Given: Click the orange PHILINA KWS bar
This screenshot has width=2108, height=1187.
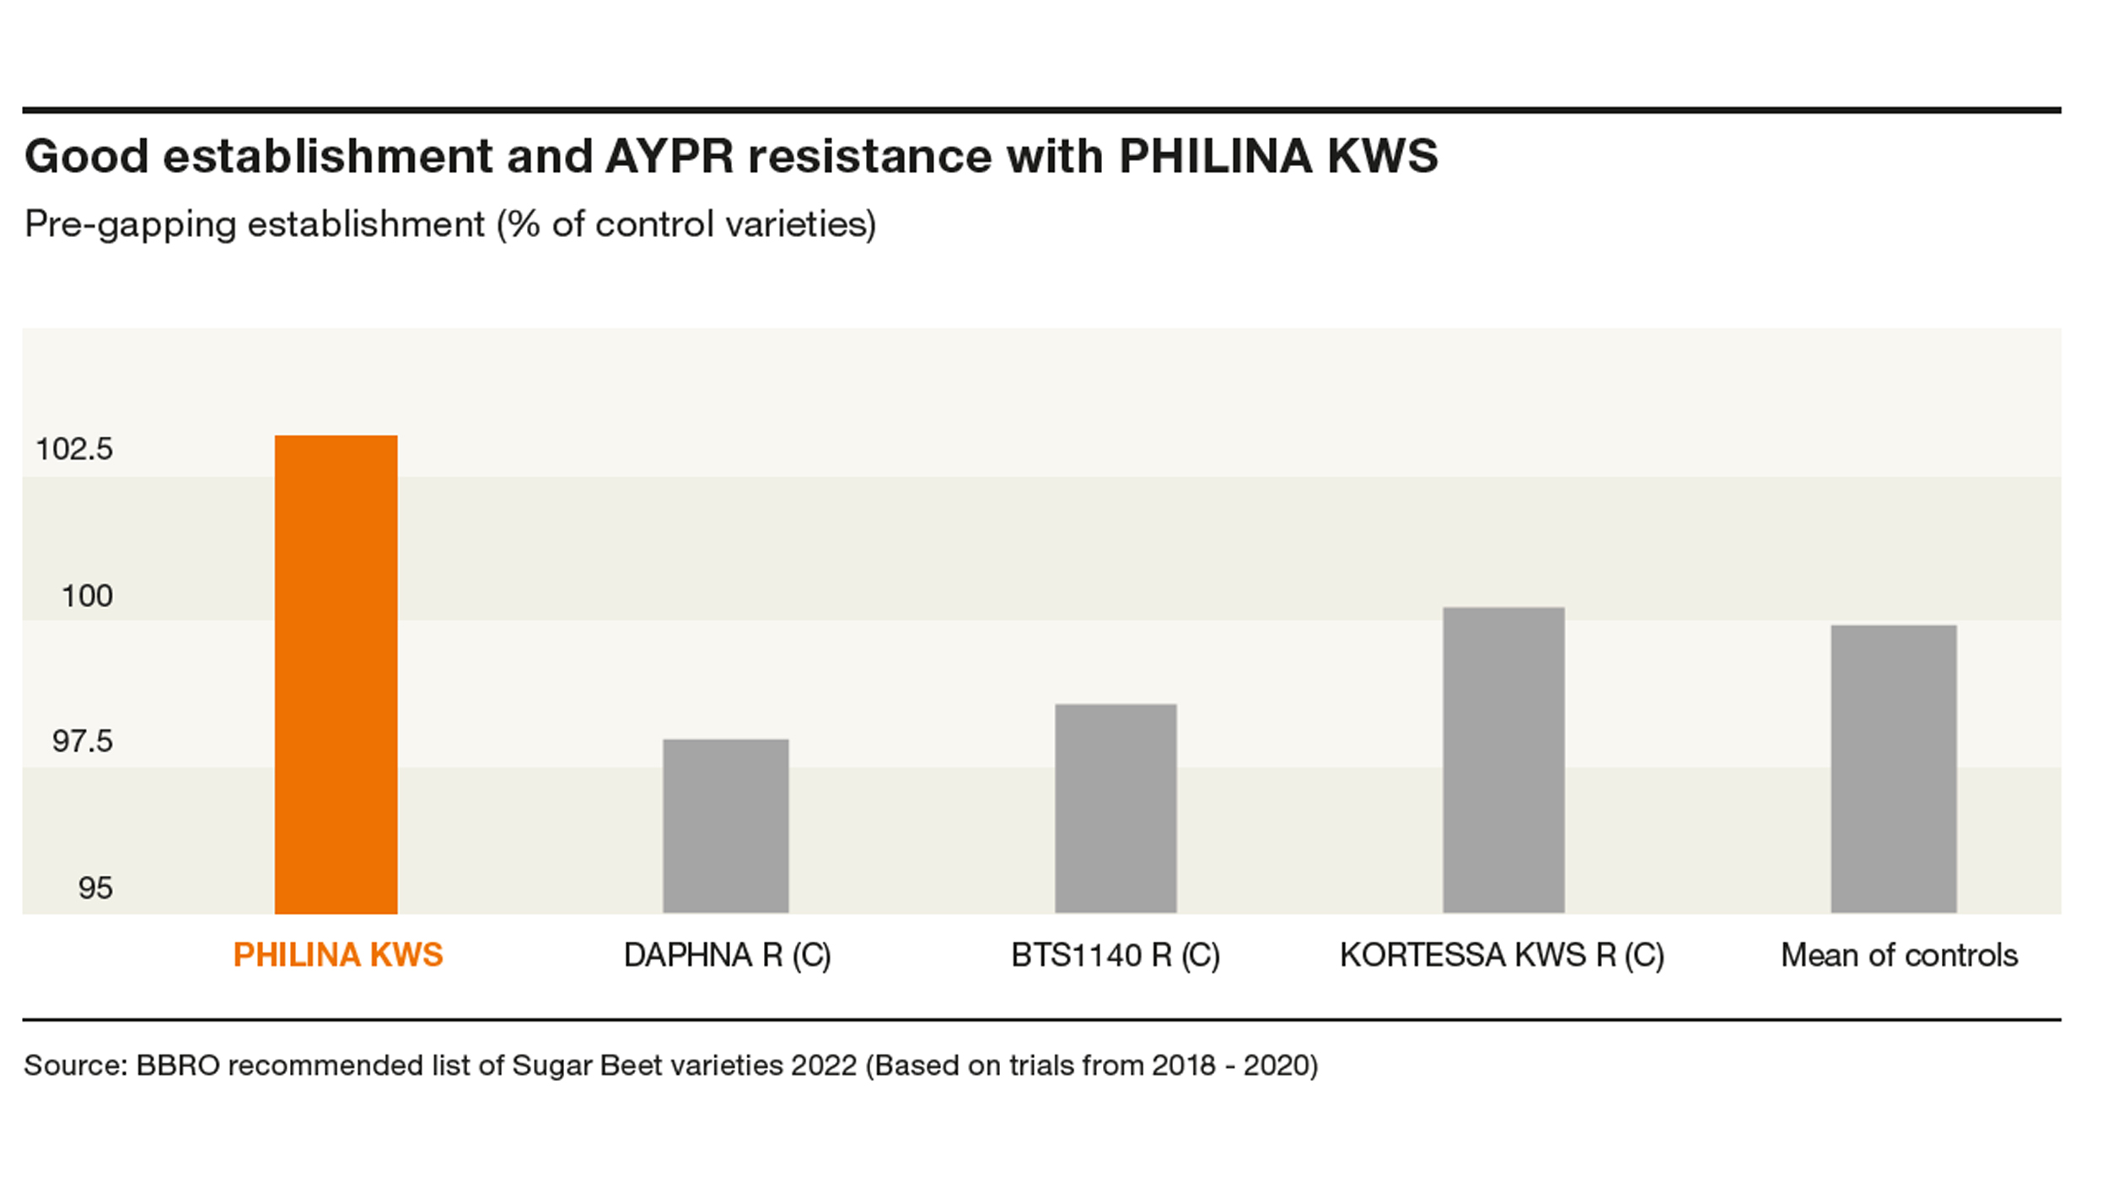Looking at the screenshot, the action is coord(336,674).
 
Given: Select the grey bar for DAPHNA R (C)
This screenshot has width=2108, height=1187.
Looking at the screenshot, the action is coord(725,826).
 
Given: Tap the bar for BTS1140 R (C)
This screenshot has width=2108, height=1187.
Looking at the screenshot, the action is coord(1116,808).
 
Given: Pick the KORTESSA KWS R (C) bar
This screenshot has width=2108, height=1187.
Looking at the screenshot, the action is coord(1503,760).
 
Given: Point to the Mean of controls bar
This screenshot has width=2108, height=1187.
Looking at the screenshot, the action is coord(1894,769).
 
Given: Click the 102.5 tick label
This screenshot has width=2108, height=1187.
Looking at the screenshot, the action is coord(74,449).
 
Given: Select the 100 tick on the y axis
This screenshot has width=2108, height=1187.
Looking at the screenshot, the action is coord(87,596).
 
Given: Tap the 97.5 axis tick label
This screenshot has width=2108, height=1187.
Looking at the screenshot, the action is coord(83,741).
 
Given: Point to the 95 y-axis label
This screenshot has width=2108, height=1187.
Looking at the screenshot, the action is coord(95,888).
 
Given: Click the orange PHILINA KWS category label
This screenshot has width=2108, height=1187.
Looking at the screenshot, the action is coord(338,955).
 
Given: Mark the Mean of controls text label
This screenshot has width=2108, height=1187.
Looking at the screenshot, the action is coord(1900,955).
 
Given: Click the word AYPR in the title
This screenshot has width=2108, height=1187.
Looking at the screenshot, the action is coord(670,156).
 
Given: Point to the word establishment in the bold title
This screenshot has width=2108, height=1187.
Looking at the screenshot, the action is coord(328,156).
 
